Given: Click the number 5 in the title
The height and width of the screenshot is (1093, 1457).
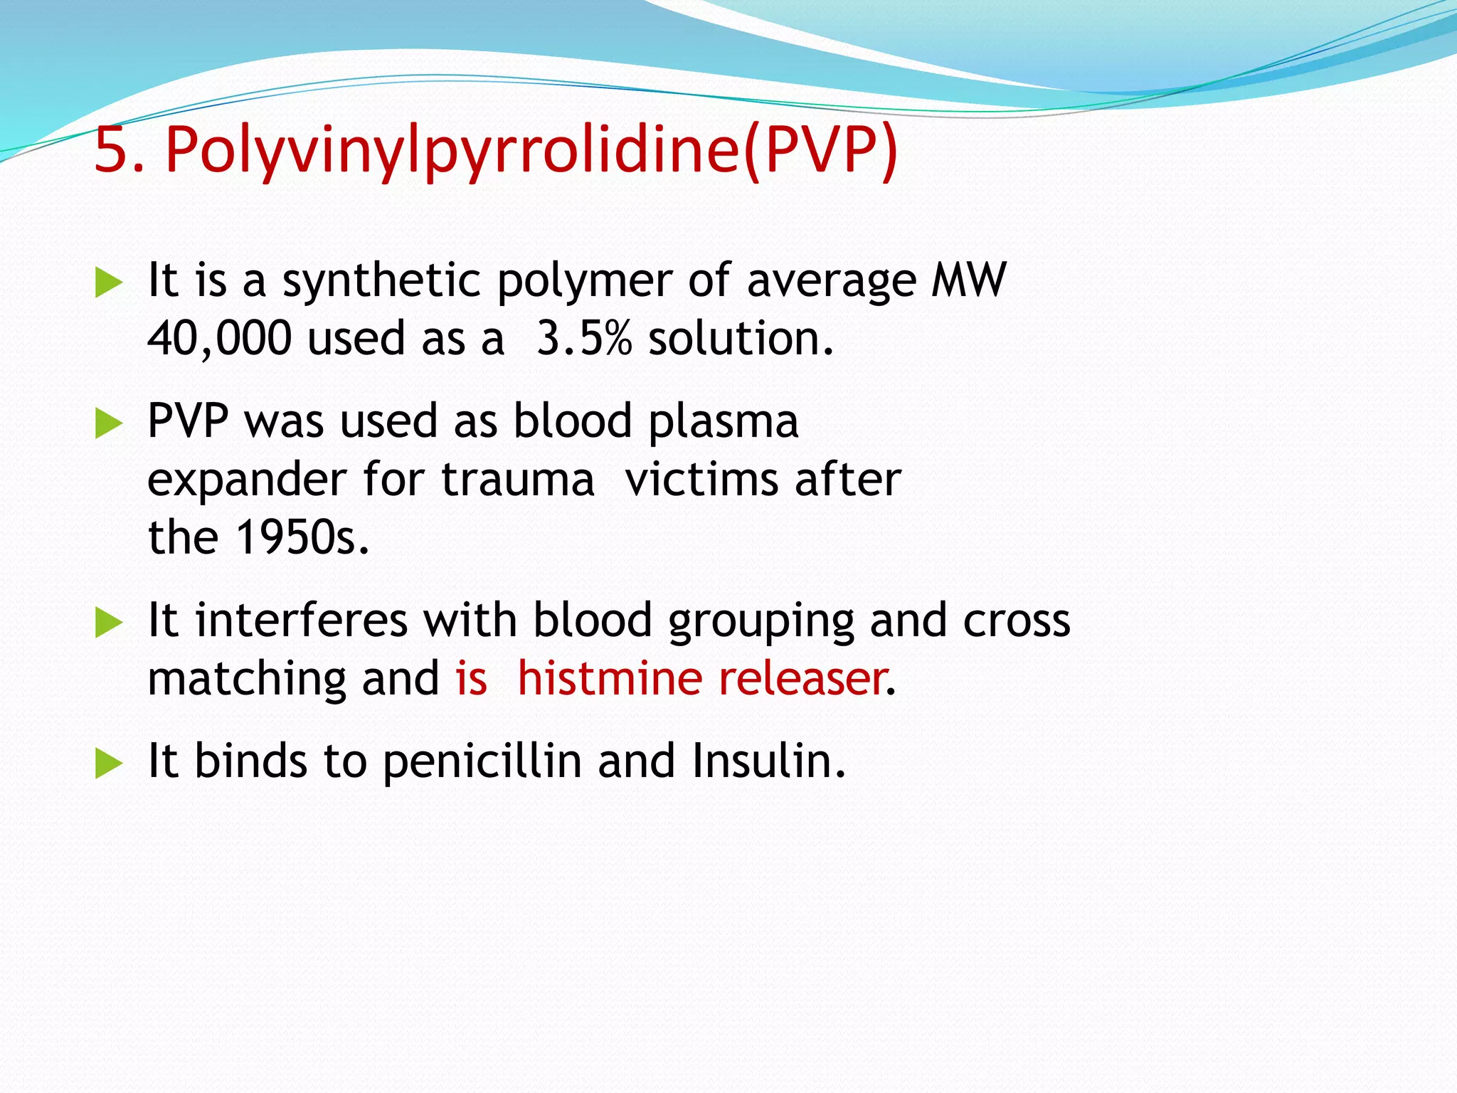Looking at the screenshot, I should tap(112, 150).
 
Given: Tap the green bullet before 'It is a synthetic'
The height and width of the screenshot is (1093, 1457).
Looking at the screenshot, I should tap(109, 283).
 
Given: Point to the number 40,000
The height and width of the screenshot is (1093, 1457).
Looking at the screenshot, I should tap(219, 338).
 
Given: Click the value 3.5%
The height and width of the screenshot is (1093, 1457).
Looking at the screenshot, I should tap(583, 338).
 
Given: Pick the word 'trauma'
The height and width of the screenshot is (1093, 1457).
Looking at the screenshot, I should tap(517, 480).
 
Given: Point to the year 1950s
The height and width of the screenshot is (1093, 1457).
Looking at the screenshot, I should tap(302, 537).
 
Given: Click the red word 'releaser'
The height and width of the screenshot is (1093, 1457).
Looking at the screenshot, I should tap(801, 678).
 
